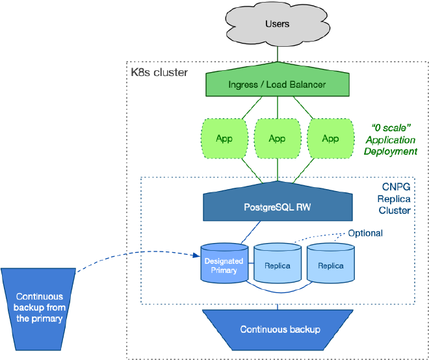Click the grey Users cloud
[x=278, y=24]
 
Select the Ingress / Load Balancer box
[x=278, y=84]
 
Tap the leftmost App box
[x=224, y=138]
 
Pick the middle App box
[x=277, y=138]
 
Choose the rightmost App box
[x=330, y=138]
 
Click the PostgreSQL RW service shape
[x=278, y=208]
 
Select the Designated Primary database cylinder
[x=224, y=265]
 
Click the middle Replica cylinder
[x=277, y=266]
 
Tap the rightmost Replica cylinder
[x=330, y=266]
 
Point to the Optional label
[x=365, y=233]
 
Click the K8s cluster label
[x=159, y=72]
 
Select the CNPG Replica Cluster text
[x=395, y=198]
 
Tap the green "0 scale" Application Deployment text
[x=391, y=138]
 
